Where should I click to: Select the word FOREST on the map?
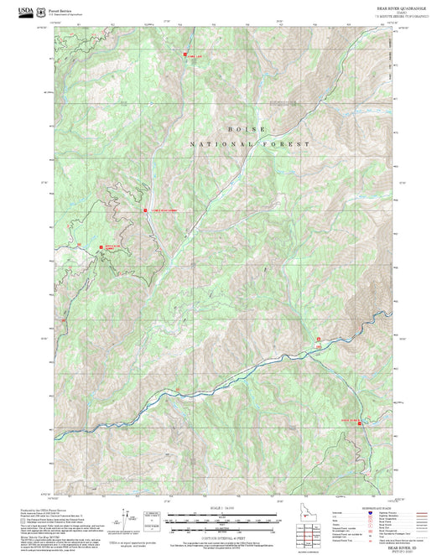point(289,144)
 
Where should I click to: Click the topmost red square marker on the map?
point(185,54)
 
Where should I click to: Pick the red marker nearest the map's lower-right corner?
point(361,423)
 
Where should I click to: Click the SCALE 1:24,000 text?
point(221,509)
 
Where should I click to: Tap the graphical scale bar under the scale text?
point(221,518)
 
